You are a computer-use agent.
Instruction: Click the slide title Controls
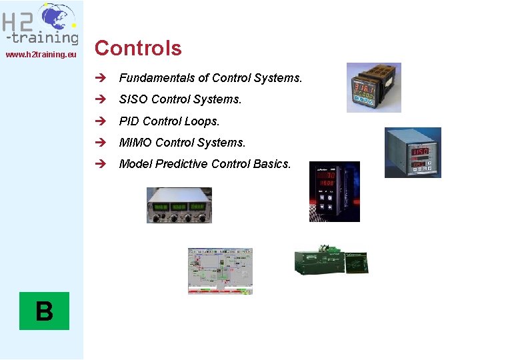138,48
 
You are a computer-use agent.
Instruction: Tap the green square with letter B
44,311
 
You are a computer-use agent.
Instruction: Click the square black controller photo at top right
373,87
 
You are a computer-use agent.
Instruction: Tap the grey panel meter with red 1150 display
413,153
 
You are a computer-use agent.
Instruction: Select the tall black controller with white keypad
334,191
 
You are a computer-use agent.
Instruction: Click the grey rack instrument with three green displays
179,205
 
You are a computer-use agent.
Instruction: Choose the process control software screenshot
221,271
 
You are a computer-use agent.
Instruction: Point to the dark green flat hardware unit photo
330,260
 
